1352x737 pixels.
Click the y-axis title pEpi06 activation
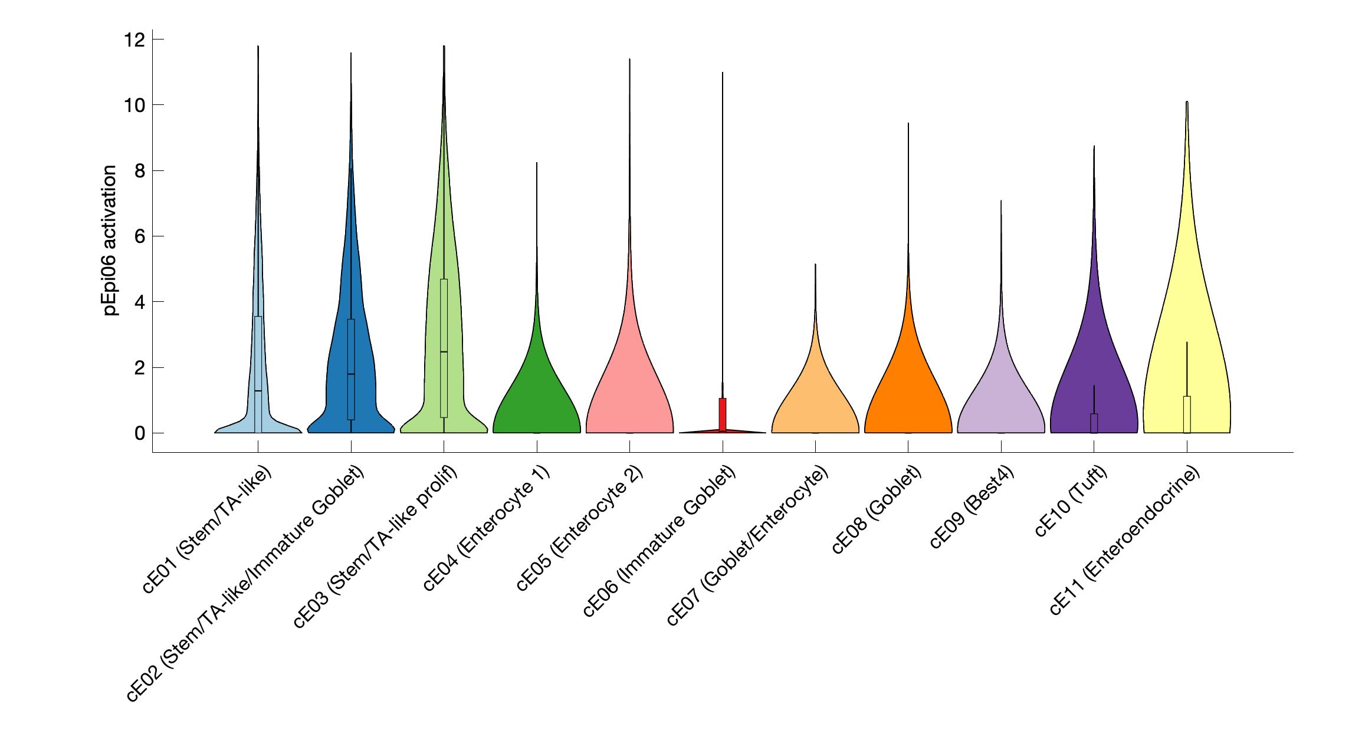[x=110, y=241]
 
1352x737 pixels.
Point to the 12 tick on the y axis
[x=134, y=40]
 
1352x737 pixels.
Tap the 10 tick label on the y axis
[x=134, y=106]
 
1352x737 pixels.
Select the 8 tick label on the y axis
[x=139, y=171]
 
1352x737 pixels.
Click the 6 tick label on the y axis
[x=139, y=236]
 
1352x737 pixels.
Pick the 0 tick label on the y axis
[x=139, y=433]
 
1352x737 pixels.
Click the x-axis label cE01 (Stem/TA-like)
[x=208, y=529]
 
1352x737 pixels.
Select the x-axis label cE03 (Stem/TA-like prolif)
[x=376, y=547]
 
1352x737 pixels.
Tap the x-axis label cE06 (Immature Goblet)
[x=659, y=541]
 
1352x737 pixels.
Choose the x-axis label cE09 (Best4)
[x=972, y=506]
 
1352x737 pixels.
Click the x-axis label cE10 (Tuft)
[x=1071, y=501]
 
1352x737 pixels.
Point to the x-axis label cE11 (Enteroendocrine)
[x=1125, y=539]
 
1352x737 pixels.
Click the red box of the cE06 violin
[x=723, y=414]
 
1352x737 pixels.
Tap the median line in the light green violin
[x=444, y=352]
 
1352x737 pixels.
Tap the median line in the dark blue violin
[x=351, y=374]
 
